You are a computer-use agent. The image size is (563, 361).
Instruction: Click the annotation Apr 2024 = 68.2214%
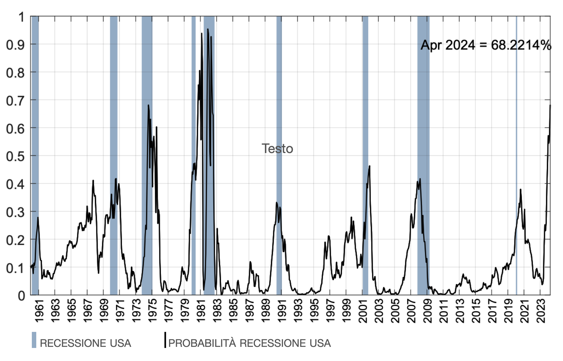(x=486, y=45)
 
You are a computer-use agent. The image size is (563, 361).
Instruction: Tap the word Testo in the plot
(x=277, y=149)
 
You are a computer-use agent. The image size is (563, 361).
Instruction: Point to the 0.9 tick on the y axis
(x=15, y=45)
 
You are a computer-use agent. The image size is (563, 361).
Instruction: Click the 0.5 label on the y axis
(x=15, y=156)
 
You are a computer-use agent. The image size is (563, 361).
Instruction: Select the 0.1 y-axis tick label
(x=15, y=268)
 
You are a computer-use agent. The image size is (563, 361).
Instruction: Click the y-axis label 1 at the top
(x=21, y=17)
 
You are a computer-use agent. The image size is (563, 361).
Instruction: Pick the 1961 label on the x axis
(x=39, y=311)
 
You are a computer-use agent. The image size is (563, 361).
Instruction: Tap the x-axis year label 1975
(x=153, y=311)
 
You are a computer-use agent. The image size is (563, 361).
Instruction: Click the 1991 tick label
(x=282, y=311)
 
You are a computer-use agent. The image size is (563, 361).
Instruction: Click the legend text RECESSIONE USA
(x=85, y=343)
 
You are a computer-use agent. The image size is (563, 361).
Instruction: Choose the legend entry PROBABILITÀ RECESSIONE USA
(x=249, y=343)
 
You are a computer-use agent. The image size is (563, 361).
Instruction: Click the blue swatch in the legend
(x=34, y=340)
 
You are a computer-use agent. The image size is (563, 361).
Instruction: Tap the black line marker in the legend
(x=165, y=340)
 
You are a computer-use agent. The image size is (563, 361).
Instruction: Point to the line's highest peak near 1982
(x=208, y=29)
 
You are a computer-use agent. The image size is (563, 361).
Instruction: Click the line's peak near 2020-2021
(x=521, y=190)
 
